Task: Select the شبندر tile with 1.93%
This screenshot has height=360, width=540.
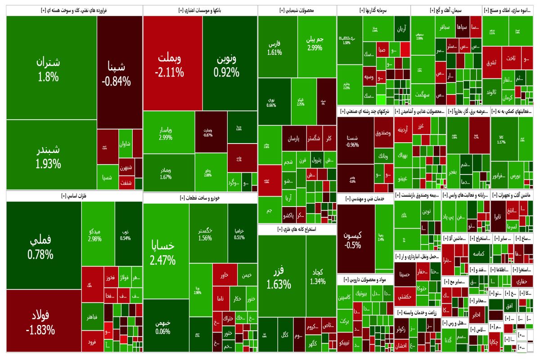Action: pyautogui.click(x=48, y=157)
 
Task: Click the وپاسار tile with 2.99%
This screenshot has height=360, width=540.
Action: pyautogui.click(x=166, y=133)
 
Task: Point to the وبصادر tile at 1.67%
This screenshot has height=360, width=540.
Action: pyautogui.click(x=166, y=173)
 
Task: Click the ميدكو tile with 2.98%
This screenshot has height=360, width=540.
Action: pyautogui.click(x=94, y=234)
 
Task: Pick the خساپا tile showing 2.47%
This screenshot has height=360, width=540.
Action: pyautogui.click(x=165, y=252)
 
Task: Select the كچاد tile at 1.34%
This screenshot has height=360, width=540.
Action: pyautogui.click(x=318, y=277)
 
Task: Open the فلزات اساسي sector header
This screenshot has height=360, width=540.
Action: pyautogui.click(x=74, y=196)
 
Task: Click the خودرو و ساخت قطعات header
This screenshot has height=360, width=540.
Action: pyautogui.click(x=200, y=197)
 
